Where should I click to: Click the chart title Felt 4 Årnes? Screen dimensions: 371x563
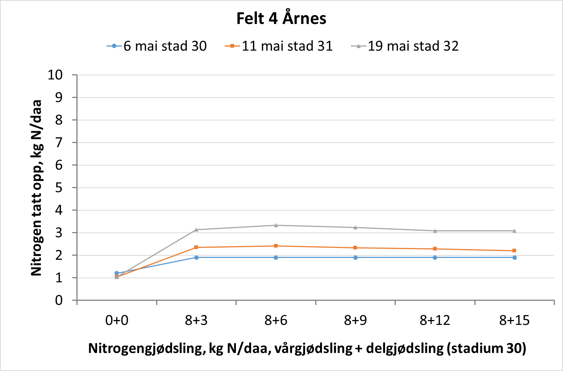click(x=281, y=18)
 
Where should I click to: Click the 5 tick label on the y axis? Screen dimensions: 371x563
click(x=59, y=188)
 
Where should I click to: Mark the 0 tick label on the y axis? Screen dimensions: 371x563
click(x=59, y=300)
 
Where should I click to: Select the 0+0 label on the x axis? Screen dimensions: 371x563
click(x=117, y=320)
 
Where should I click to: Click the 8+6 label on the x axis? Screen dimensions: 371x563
click(x=276, y=320)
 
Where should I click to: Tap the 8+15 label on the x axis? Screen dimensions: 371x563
click(x=514, y=320)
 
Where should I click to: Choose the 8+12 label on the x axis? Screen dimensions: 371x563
click(x=435, y=320)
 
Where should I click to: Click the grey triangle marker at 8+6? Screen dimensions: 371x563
click(x=276, y=225)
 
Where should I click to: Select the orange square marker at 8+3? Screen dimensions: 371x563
click(x=196, y=247)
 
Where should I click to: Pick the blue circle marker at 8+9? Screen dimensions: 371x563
click(x=356, y=258)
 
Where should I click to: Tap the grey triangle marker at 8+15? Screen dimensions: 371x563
click(x=514, y=231)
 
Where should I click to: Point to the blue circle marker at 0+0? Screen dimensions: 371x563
click(x=117, y=273)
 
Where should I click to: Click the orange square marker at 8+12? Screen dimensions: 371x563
click(x=435, y=249)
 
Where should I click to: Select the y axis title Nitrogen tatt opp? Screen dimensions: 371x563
click(x=36, y=188)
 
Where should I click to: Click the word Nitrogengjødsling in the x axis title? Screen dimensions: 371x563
click(x=147, y=348)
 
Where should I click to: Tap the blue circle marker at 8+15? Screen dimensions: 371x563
click(x=514, y=258)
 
